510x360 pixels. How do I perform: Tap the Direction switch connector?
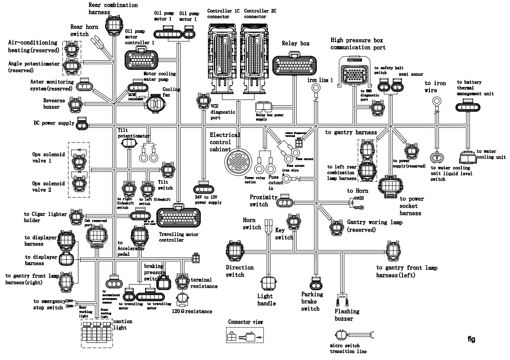click(234, 252)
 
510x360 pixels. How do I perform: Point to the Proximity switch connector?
click(287, 202)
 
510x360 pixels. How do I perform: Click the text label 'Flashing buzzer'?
click(347, 315)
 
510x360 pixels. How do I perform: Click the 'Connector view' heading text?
click(246, 322)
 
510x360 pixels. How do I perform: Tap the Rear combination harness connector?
click(114, 25)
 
